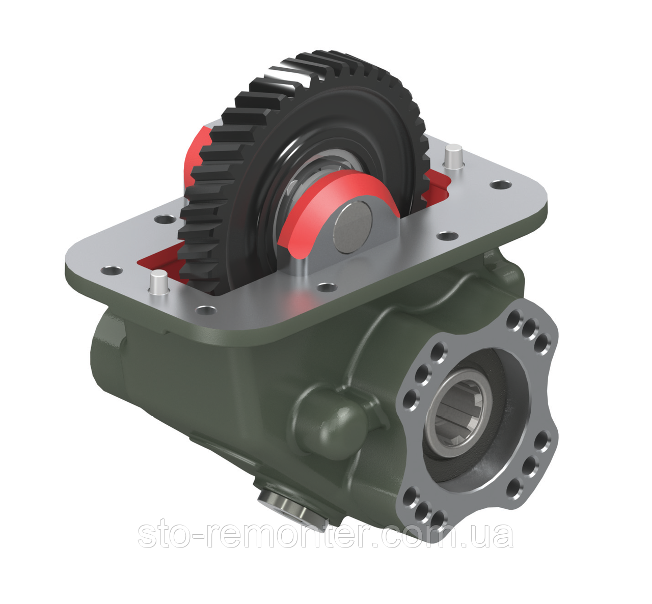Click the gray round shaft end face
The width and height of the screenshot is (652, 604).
point(353,225)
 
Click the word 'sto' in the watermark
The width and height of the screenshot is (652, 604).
point(164,534)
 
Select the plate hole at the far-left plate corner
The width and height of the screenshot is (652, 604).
point(110,270)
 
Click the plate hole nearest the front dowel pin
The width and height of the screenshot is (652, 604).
point(205,309)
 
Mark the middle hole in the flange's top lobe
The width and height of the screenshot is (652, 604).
point(530,325)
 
